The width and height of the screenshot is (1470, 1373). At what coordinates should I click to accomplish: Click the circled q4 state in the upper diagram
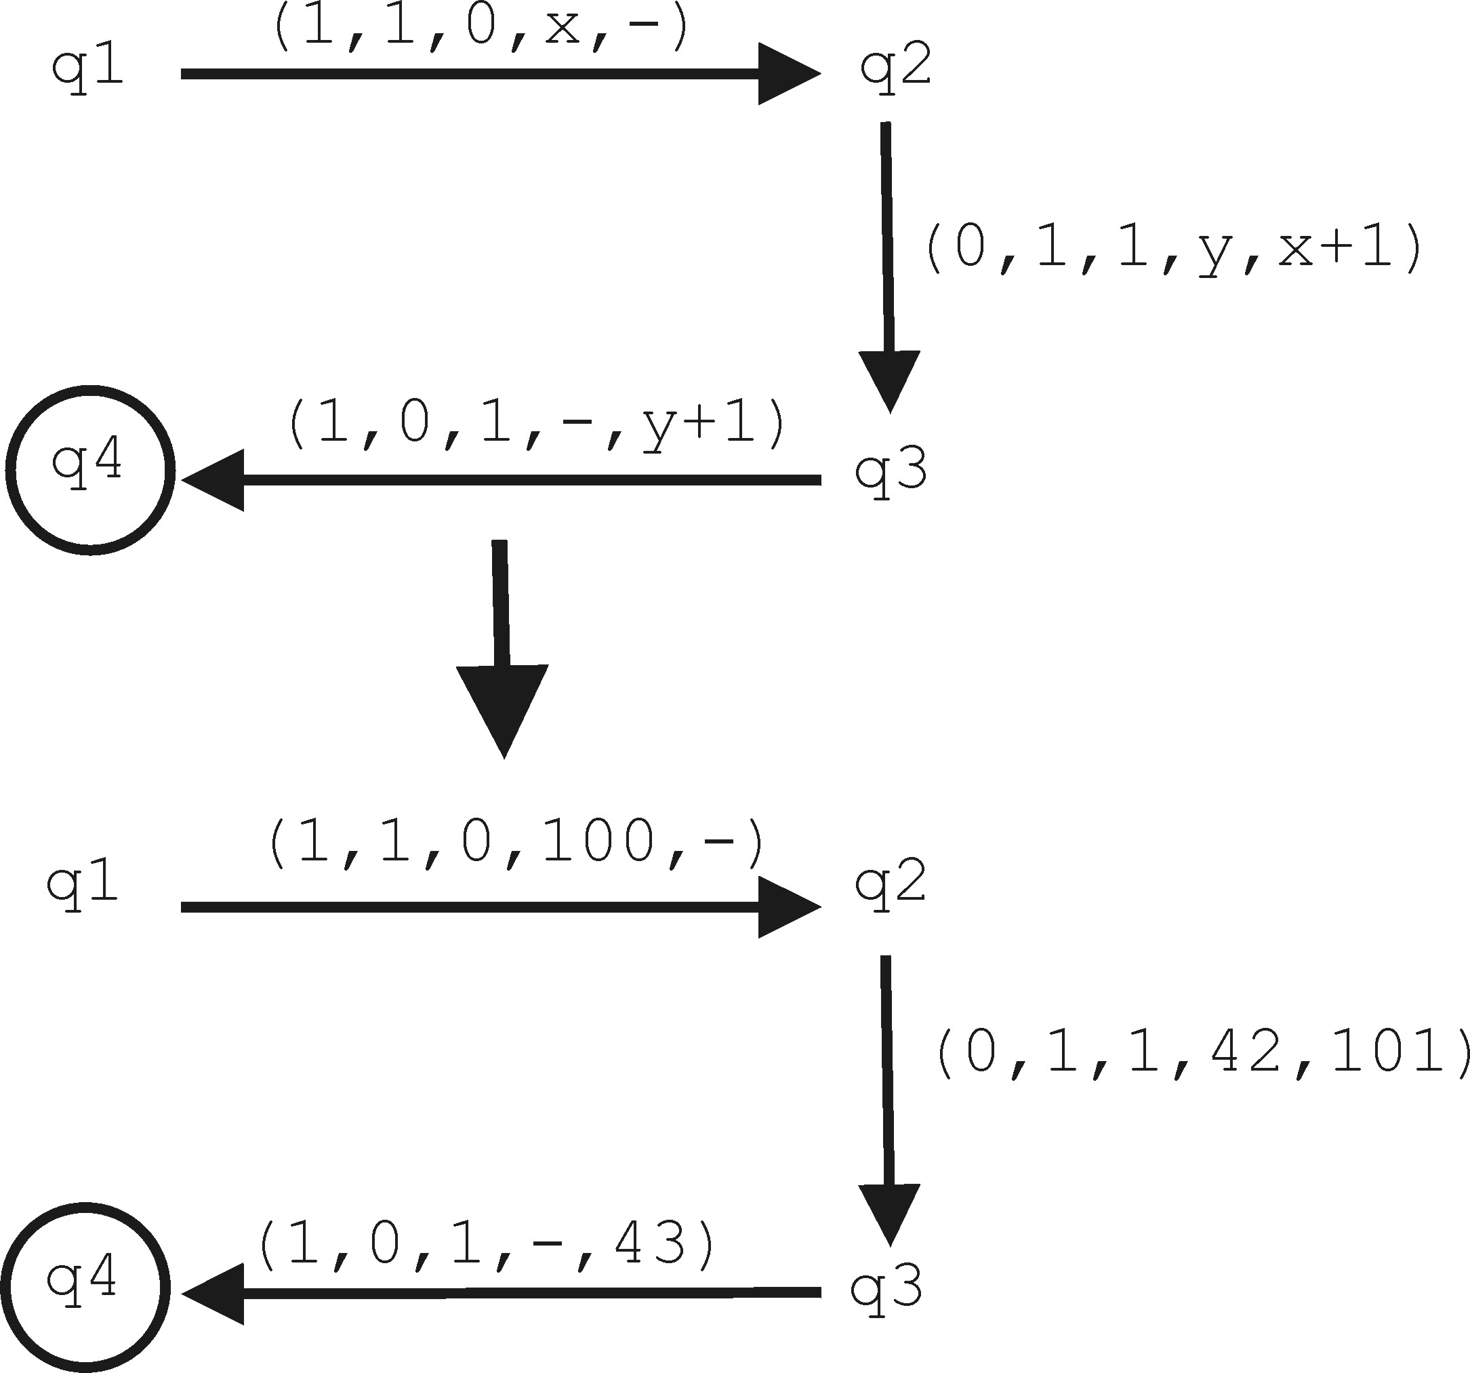coord(90,470)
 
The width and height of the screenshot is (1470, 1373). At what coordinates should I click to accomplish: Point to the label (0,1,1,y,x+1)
coord(1173,250)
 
